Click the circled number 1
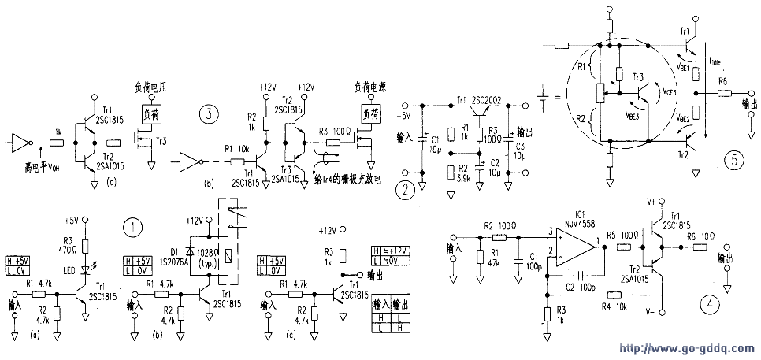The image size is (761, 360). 135,227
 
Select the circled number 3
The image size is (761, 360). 210,114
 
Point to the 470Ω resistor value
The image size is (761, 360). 68,249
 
